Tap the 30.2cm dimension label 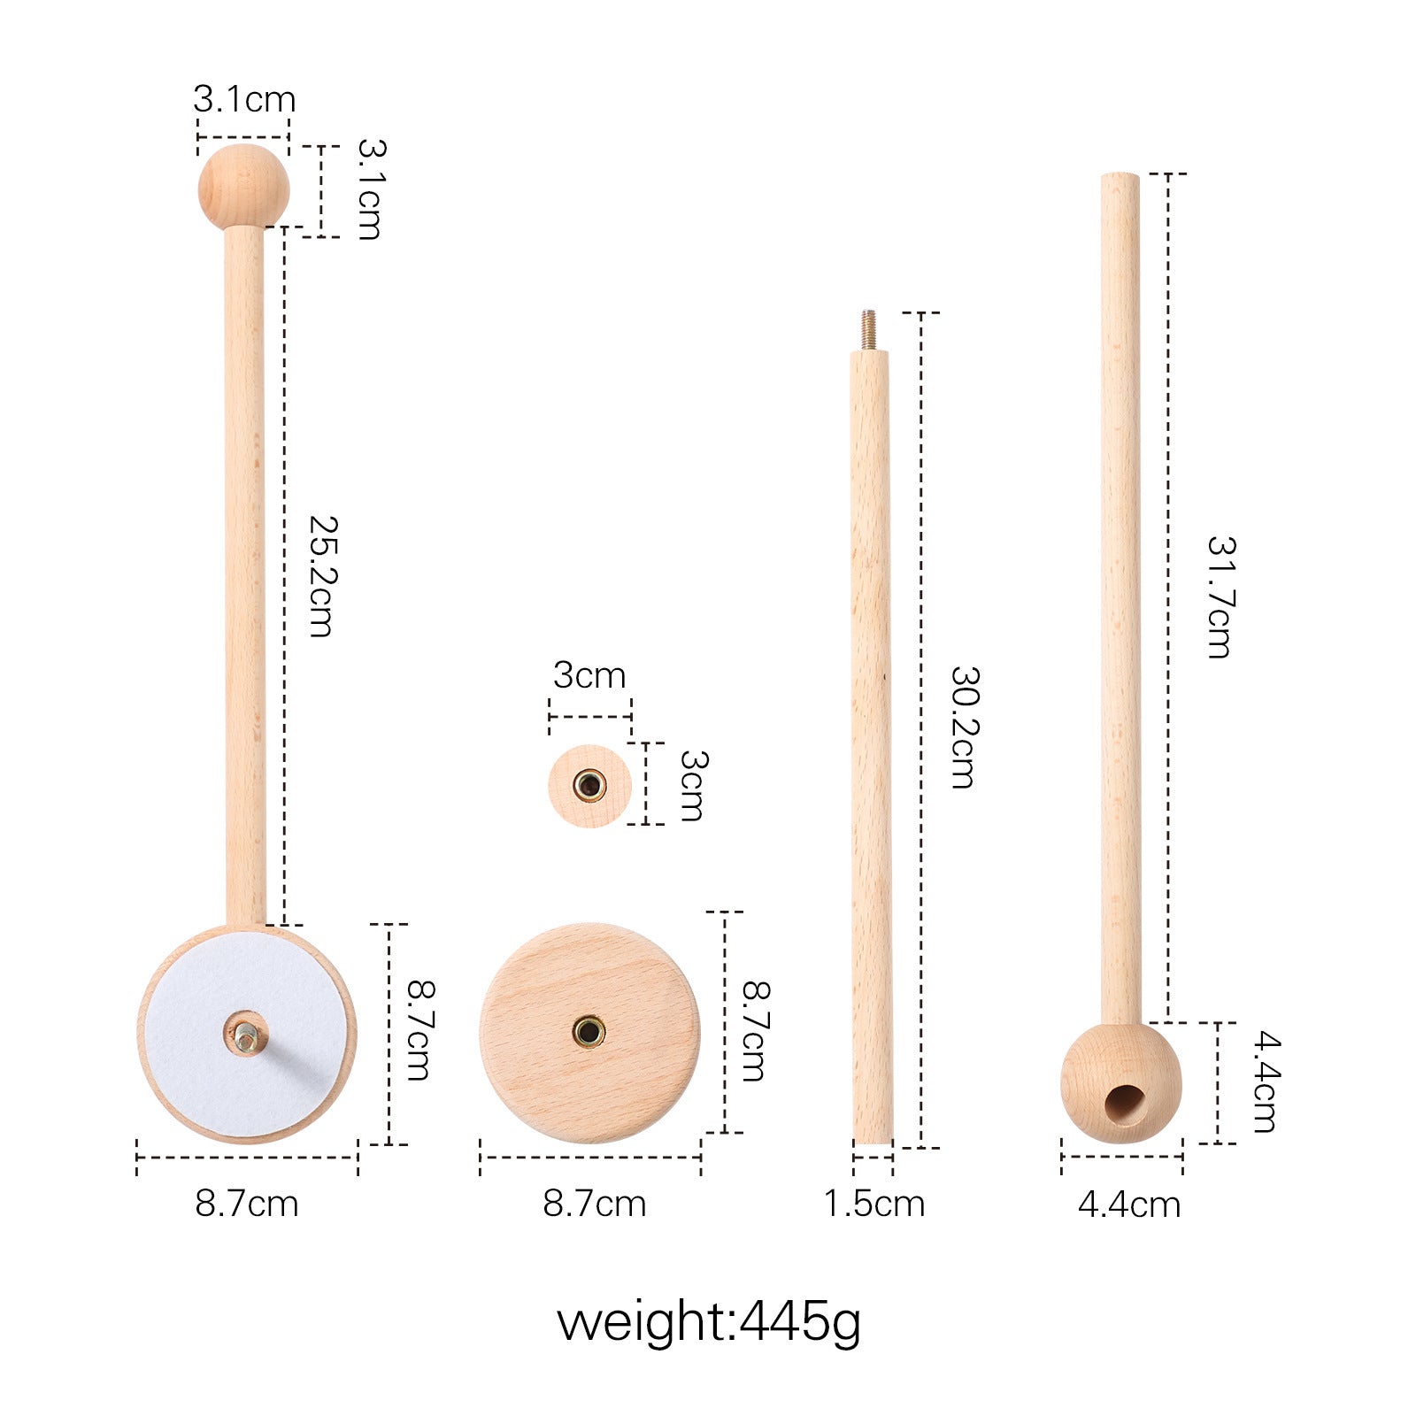point(964,727)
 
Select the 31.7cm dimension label point(1221,596)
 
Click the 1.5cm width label point(874,1204)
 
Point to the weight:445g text point(708,1322)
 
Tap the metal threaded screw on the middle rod point(869,330)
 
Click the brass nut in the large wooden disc point(589,1031)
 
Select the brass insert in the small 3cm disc point(589,785)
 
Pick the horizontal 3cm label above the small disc point(589,675)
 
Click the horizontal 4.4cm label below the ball point(1129,1204)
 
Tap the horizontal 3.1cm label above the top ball point(244,99)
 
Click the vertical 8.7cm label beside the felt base point(419,1030)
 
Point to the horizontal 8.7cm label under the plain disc point(594,1204)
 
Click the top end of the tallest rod point(1120,178)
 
